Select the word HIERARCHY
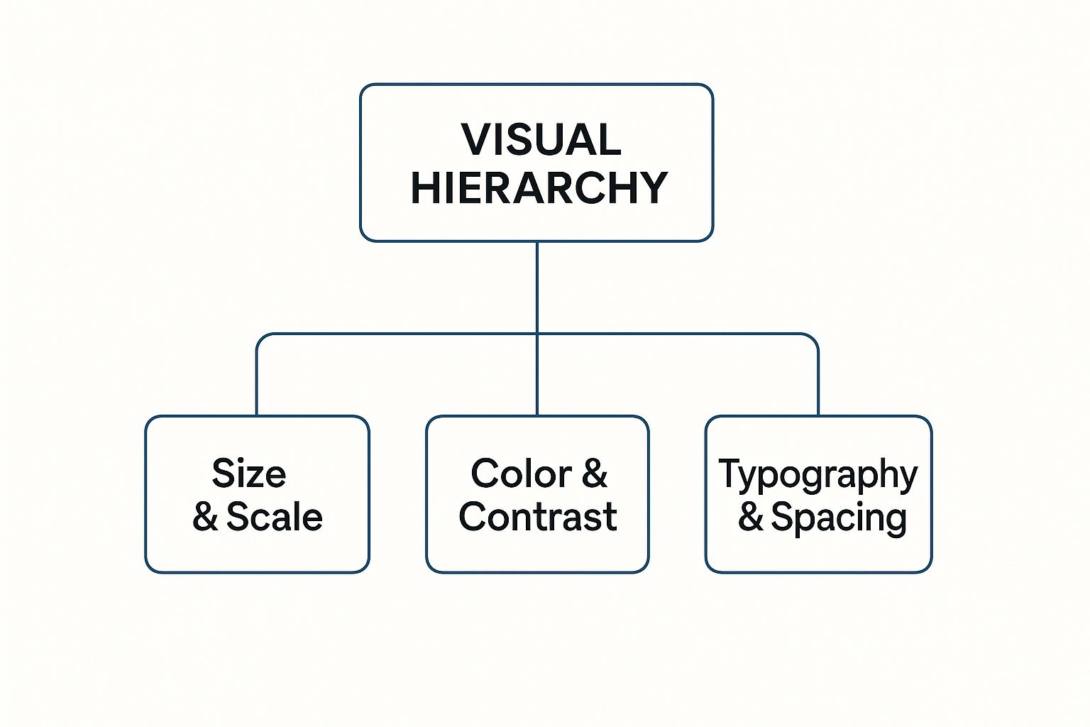tap(539, 187)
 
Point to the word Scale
tap(275, 516)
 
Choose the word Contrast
tap(538, 516)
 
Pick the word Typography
tap(818, 475)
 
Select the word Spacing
tap(839, 518)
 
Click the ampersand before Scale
tap(205, 516)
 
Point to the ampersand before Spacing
tap(750, 516)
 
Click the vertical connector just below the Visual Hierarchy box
tap(536, 288)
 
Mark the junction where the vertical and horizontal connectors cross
tap(536, 334)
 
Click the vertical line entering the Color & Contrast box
tap(536, 375)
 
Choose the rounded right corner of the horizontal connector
tap(813, 339)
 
